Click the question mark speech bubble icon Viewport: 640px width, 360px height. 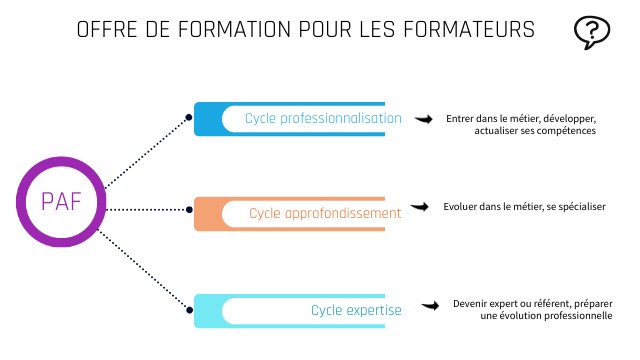coord(592,33)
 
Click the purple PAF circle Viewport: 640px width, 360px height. coord(61,201)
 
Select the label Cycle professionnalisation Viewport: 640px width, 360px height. coord(323,119)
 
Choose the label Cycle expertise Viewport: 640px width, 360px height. coord(356,310)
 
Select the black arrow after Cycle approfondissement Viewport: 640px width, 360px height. coord(421,207)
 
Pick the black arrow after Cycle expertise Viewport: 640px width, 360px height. coord(431,306)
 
